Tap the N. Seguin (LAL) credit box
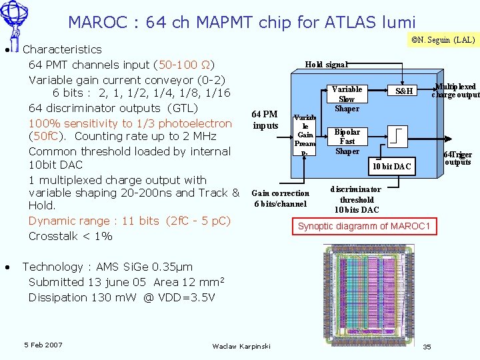point(442,40)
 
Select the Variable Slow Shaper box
point(347,99)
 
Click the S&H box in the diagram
point(404,91)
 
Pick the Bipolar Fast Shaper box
point(347,141)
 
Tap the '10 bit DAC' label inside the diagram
point(391,166)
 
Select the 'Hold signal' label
point(326,65)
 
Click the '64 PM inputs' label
point(265,120)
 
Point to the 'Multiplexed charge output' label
point(455,91)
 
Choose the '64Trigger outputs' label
point(458,159)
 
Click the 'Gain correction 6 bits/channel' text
point(280,199)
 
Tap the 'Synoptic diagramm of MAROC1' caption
point(365,227)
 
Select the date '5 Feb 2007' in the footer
point(43,345)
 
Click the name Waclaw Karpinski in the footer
point(241,346)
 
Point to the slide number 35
point(427,347)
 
